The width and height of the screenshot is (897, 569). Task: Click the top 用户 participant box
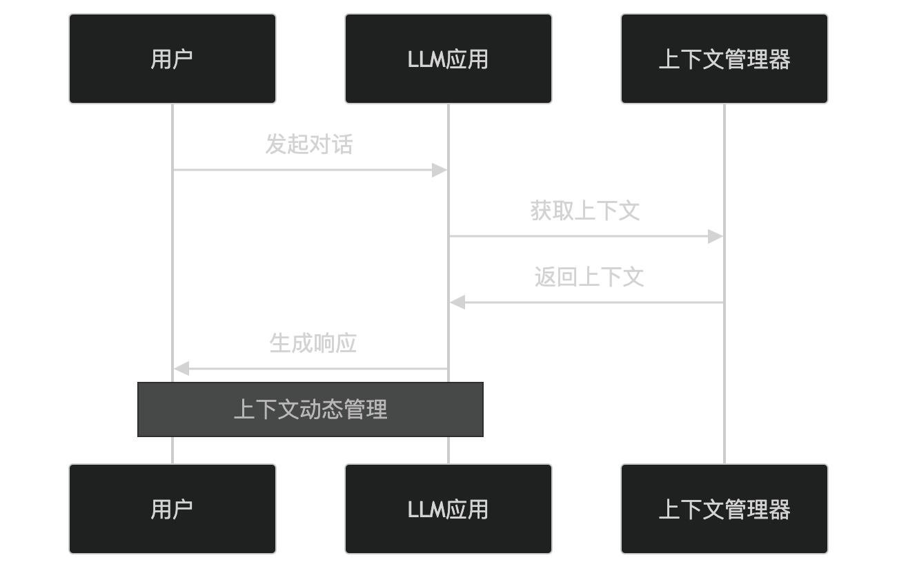tap(172, 59)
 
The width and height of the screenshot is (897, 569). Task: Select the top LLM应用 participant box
tap(448, 59)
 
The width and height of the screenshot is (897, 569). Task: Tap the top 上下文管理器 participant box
tap(724, 59)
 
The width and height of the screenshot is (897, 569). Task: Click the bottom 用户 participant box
tap(172, 509)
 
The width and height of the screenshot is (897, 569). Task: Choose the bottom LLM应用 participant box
tap(448, 509)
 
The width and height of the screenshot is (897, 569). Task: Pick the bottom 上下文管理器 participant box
tap(724, 509)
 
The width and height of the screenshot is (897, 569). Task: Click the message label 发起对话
tap(309, 144)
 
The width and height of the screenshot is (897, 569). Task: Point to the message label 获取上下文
tap(585, 211)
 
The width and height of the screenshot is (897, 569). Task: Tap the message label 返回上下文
tap(589, 277)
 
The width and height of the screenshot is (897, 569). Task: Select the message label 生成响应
tap(313, 343)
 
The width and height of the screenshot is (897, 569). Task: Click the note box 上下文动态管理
tap(310, 409)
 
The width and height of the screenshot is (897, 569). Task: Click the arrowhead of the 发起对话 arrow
tap(440, 170)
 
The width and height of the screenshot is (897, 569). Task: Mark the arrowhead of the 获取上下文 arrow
tap(716, 236)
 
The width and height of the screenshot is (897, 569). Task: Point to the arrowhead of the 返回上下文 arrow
tap(457, 302)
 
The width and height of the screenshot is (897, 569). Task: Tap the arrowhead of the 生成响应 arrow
tap(181, 369)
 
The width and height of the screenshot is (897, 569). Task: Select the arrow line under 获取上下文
tap(580, 236)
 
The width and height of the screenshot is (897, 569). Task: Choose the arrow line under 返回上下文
tap(593, 302)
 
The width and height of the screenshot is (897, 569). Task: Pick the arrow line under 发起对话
tap(304, 170)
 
